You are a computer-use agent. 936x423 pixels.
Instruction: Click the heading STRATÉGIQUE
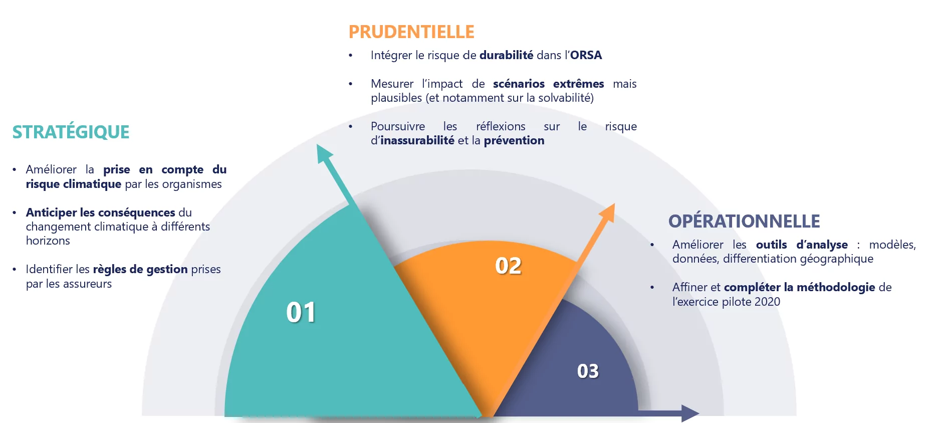point(71,132)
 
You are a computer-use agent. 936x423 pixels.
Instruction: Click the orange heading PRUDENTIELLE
point(411,32)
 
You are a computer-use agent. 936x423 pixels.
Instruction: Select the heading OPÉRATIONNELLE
point(744,222)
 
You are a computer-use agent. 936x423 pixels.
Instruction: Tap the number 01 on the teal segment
point(301,312)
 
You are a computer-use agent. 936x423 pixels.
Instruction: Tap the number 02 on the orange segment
point(508,266)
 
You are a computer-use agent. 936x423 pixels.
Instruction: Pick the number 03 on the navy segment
point(588,371)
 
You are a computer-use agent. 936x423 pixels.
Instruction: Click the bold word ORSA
point(586,55)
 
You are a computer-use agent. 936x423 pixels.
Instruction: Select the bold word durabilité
point(506,55)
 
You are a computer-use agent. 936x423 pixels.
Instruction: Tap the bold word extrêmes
point(578,84)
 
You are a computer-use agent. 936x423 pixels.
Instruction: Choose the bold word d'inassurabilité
point(413,140)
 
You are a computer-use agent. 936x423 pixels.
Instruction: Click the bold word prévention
point(514,140)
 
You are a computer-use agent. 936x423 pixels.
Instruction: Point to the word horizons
point(48,241)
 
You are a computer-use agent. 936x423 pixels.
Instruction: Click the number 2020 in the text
point(767,302)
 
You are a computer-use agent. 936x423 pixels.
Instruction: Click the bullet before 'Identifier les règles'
point(15,270)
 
